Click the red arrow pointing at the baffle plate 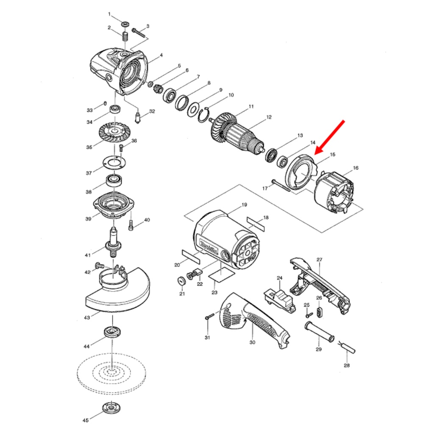(330, 137)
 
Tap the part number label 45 (86, 420)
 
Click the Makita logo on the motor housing (209, 246)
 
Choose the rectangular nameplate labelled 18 (256, 224)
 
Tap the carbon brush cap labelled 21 (181, 281)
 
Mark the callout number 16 (356, 168)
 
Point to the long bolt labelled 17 (281, 186)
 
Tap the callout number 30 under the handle (252, 342)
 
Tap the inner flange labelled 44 (113, 332)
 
